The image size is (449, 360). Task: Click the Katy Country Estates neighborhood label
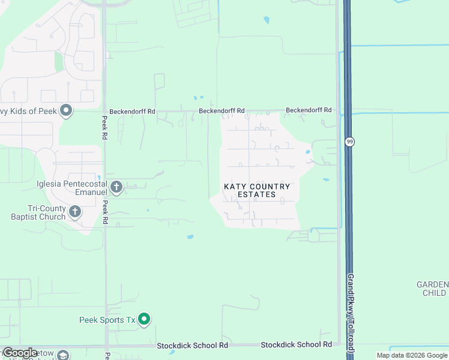pyautogui.click(x=257, y=191)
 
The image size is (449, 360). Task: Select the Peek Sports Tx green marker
pyautogui.click(x=144, y=319)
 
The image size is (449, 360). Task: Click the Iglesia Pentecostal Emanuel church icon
pyautogui.click(x=117, y=188)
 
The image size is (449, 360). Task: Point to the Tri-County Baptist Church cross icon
pyautogui.click(x=75, y=211)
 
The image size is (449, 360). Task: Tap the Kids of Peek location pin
pyautogui.click(x=67, y=111)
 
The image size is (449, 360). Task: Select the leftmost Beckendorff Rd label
pyautogui.click(x=132, y=111)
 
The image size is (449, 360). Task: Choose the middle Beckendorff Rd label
pyautogui.click(x=222, y=111)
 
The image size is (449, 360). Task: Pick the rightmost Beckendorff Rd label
pyautogui.click(x=309, y=110)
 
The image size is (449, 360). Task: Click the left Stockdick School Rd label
pyautogui.click(x=193, y=346)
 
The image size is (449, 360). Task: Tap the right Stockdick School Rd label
pyautogui.click(x=297, y=345)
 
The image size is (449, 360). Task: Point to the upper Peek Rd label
pyautogui.click(x=104, y=128)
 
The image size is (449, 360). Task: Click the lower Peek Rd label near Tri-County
pyautogui.click(x=106, y=212)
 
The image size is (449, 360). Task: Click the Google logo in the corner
pyautogui.click(x=20, y=353)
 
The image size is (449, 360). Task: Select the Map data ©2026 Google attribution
pyautogui.click(x=412, y=355)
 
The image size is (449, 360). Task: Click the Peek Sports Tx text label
pyautogui.click(x=108, y=320)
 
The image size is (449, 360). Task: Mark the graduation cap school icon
pyautogui.click(x=62, y=355)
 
